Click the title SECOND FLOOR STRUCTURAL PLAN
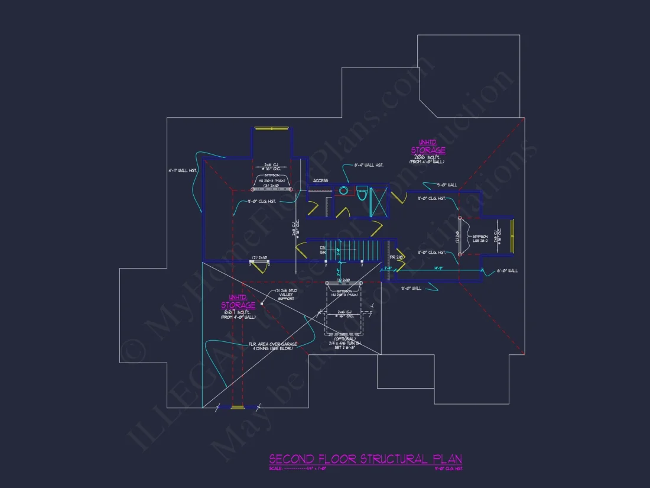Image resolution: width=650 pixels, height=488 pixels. click(365, 459)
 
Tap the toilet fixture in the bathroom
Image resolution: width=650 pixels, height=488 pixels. click(362, 193)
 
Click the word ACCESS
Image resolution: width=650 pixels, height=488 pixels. click(321, 180)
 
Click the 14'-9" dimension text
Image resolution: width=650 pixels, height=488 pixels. click(438, 268)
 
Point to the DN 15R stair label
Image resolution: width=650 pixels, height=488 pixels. click(323, 250)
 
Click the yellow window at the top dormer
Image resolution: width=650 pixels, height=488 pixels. click(271, 128)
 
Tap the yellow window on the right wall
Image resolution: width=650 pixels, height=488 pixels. click(512, 235)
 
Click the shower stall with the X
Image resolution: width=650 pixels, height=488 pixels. click(379, 201)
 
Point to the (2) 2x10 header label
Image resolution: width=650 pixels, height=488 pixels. click(260, 257)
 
